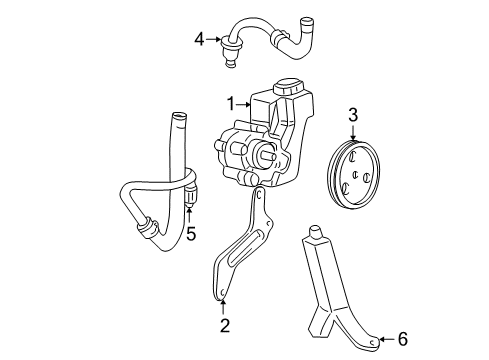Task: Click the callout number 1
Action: coord(232,102)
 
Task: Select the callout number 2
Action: coord(226,325)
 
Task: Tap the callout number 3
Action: coord(352,116)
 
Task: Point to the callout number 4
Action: coord(199,40)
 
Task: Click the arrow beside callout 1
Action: coord(246,102)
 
